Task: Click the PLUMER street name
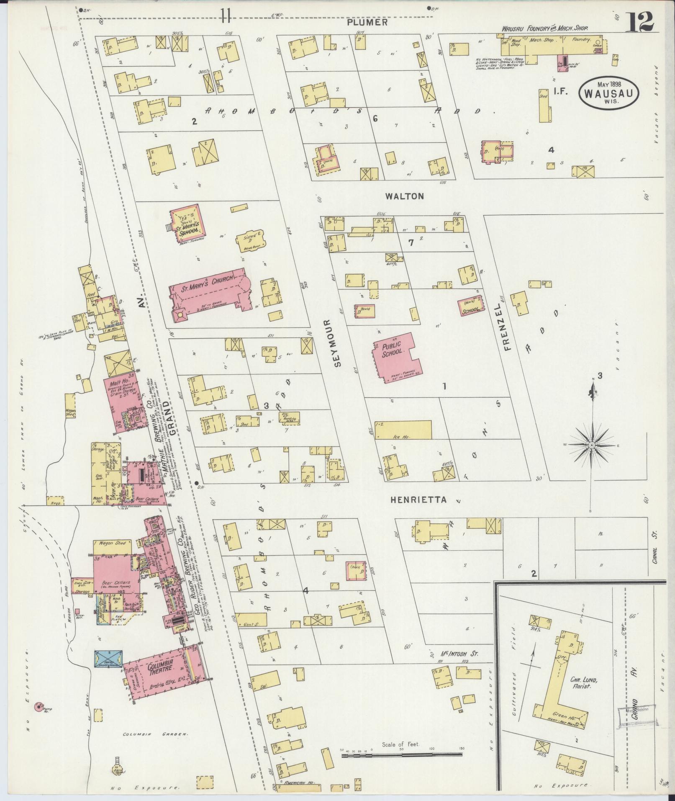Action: click(367, 23)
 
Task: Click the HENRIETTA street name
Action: click(418, 500)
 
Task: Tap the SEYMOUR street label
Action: click(338, 343)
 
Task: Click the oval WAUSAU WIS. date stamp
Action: click(609, 93)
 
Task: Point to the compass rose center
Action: click(592, 446)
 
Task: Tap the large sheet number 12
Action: click(639, 22)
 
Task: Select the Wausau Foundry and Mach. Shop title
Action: click(545, 28)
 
